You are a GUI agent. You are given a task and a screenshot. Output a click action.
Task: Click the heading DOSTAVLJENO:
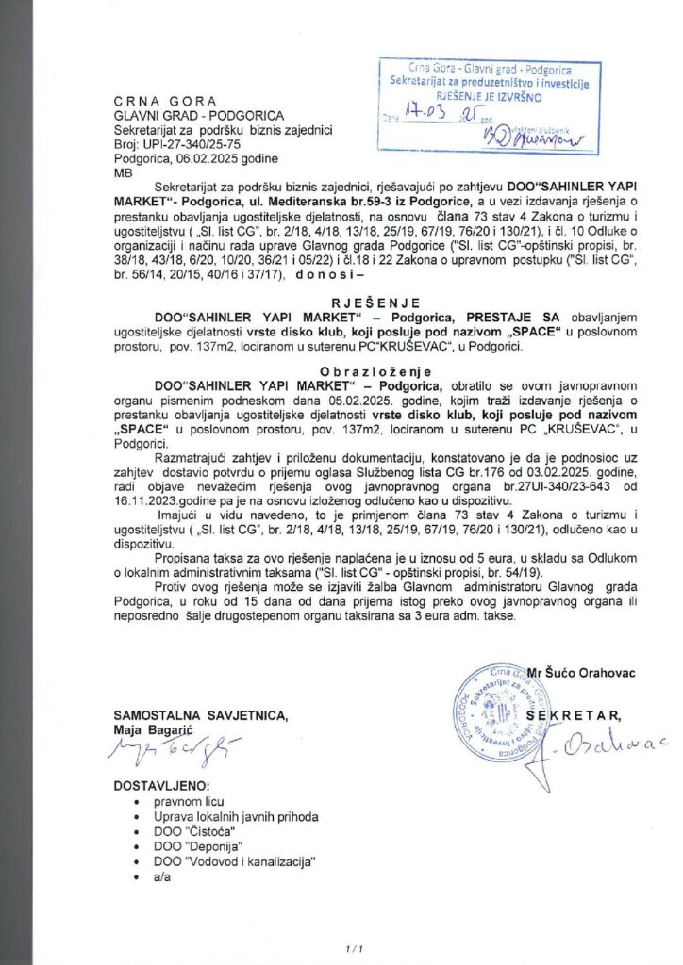pos(162,785)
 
